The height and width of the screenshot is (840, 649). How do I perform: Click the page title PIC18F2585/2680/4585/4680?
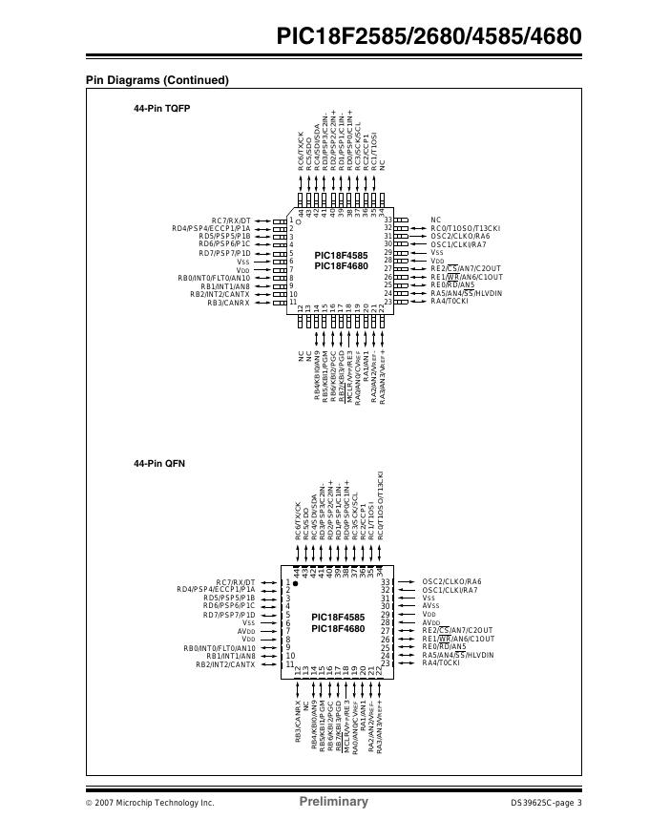tap(428, 37)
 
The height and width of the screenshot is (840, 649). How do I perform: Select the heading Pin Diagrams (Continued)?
tap(157, 80)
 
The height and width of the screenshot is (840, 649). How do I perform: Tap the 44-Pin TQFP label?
tap(161, 110)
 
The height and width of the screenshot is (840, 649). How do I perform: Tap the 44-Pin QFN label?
tap(159, 463)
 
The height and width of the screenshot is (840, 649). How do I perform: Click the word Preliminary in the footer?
tap(333, 802)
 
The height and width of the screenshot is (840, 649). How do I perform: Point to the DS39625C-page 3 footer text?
tap(546, 803)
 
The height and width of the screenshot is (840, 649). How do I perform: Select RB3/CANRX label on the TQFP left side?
tap(228, 303)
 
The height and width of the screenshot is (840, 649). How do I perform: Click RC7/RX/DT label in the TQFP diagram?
tap(231, 220)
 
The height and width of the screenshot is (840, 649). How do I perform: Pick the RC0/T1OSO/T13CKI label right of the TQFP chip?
tap(465, 228)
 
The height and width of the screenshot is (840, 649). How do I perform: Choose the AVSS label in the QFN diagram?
tap(431, 606)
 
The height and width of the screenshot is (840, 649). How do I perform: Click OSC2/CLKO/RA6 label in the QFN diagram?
tap(451, 581)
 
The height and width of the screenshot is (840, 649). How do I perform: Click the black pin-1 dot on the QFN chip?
tap(295, 582)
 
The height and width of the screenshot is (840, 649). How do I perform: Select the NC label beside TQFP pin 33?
tap(436, 220)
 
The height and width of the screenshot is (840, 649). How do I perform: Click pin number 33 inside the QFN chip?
tap(387, 581)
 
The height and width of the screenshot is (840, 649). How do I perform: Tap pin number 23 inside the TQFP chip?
tap(388, 302)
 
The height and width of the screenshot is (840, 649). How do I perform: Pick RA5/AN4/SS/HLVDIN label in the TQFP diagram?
tap(466, 293)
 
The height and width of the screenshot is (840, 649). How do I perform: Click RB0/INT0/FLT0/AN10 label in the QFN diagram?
tap(219, 648)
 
